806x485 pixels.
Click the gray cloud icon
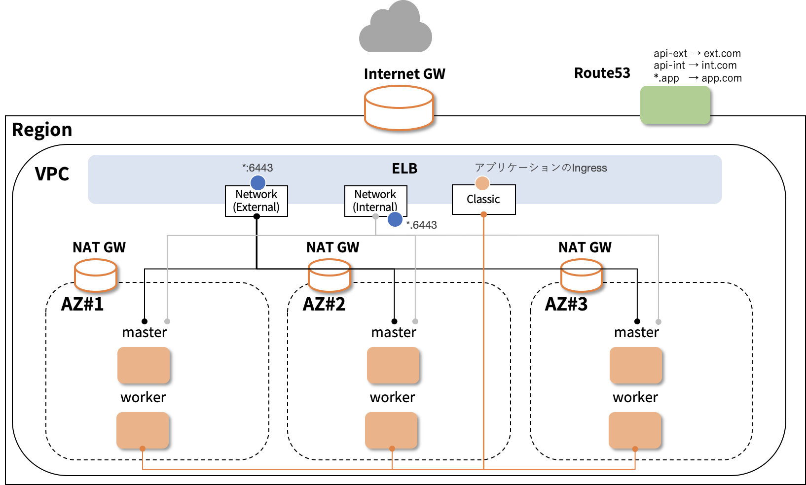396,29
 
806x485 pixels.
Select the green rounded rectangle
675,105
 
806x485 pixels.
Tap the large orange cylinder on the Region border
399,108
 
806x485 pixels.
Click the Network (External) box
256,201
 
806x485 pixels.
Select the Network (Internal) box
375,201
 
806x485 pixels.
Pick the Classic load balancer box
483,200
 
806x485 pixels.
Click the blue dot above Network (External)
258,182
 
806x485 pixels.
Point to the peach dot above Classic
482,183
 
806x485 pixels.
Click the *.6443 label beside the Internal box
421,225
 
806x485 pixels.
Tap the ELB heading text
404,169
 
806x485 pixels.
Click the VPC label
52,174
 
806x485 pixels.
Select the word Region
42,130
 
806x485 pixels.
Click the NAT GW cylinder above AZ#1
96,276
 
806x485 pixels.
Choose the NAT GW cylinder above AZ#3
582,276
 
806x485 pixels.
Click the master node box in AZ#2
393,365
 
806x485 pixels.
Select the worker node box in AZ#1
143,430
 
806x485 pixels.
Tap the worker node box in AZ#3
635,430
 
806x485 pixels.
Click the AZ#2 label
324,304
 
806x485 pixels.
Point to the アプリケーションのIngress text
541,168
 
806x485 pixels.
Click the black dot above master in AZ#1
145,321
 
